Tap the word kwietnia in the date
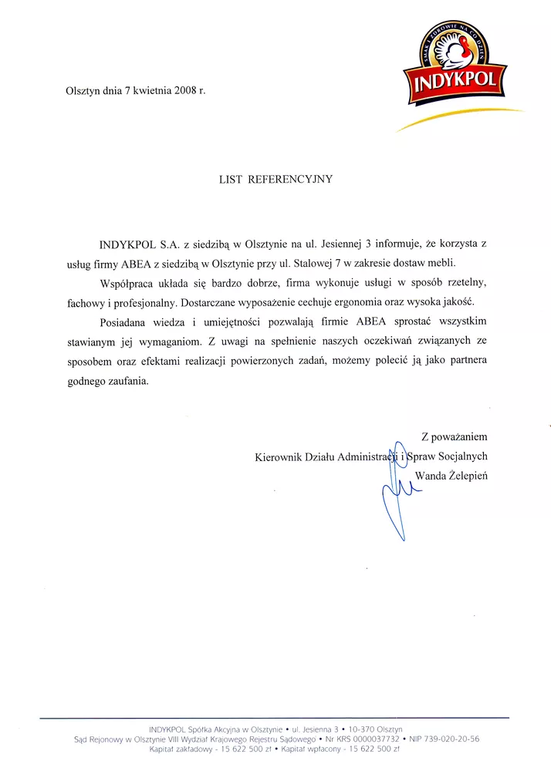(148, 90)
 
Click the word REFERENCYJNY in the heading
(290, 179)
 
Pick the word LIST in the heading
(231, 179)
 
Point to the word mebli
(443, 264)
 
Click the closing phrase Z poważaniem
(454, 437)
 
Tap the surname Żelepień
(469, 475)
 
